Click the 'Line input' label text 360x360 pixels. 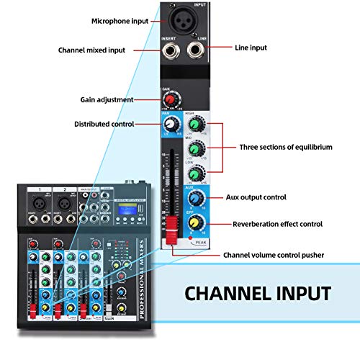(x=251, y=48)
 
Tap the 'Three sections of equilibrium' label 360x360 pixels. (x=285, y=147)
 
